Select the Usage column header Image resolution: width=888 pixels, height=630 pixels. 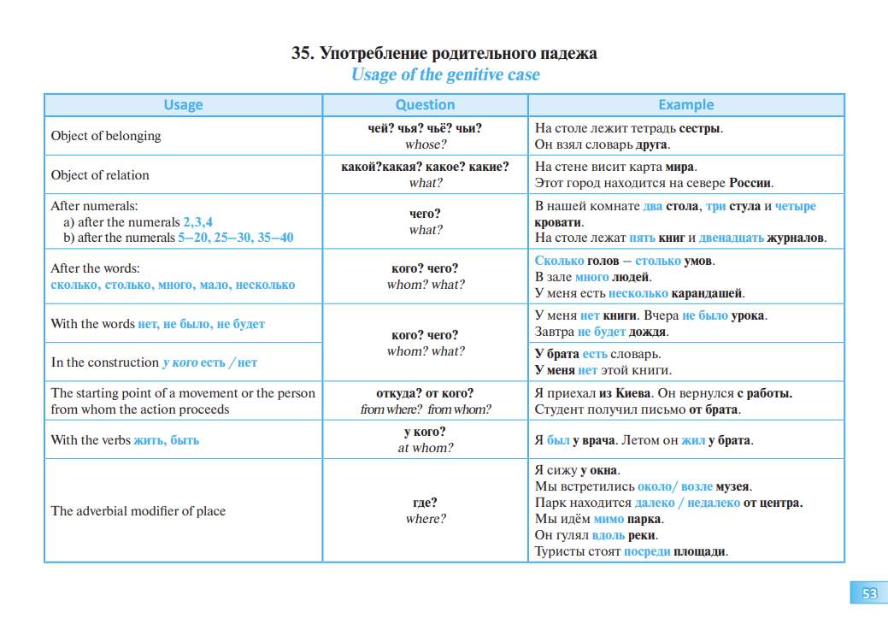(183, 105)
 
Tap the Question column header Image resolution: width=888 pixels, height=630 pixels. (425, 105)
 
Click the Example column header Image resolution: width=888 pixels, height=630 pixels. (685, 105)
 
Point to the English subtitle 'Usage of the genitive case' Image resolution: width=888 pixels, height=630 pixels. (445, 74)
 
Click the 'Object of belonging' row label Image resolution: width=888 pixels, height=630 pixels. (106, 136)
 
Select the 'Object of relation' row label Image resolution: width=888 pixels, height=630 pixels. (100, 175)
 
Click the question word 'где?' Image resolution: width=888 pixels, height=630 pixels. (425, 503)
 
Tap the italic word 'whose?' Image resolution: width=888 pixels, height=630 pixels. (425, 144)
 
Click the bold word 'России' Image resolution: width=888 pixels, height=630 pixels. (750, 183)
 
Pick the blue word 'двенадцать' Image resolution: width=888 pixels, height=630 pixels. (732, 238)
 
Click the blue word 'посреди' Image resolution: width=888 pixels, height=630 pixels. (647, 551)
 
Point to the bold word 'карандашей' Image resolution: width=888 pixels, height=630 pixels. (707, 294)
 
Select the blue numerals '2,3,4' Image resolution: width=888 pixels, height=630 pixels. (197, 222)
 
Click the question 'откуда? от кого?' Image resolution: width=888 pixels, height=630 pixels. (425, 393)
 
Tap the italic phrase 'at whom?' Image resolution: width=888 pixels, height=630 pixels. (425, 448)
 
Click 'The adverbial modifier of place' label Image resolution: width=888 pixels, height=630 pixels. (138, 511)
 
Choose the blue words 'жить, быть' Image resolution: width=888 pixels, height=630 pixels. (166, 440)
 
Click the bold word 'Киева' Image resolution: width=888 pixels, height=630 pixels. (633, 393)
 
